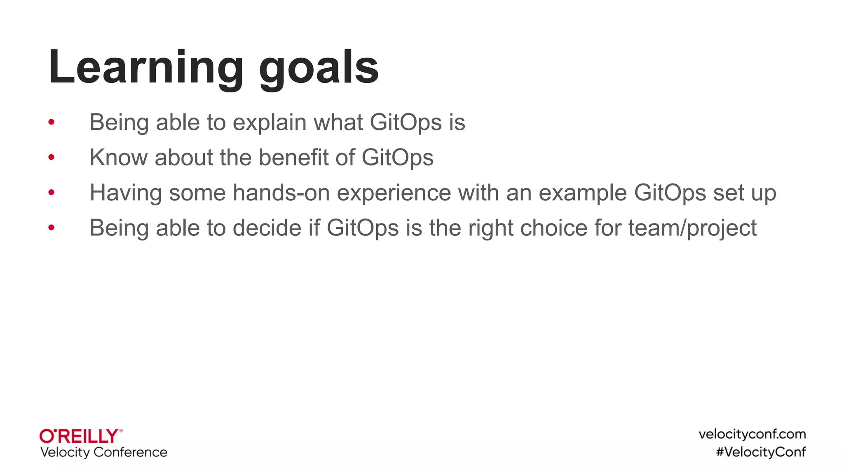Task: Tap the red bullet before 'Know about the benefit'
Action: tap(52, 157)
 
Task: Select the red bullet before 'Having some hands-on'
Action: tap(52, 192)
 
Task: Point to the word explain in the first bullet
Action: tap(270, 123)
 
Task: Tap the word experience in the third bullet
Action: tap(394, 193)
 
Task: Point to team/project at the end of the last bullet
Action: tap(692, 228)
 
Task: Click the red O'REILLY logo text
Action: tap(80, 436)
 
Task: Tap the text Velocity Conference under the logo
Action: tap(104, 452)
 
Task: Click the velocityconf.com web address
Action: tap(752, 434)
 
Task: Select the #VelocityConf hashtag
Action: tap(761, 452)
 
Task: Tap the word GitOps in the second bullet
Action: tap(397, 158)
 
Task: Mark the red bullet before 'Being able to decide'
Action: tap(52, 227)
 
